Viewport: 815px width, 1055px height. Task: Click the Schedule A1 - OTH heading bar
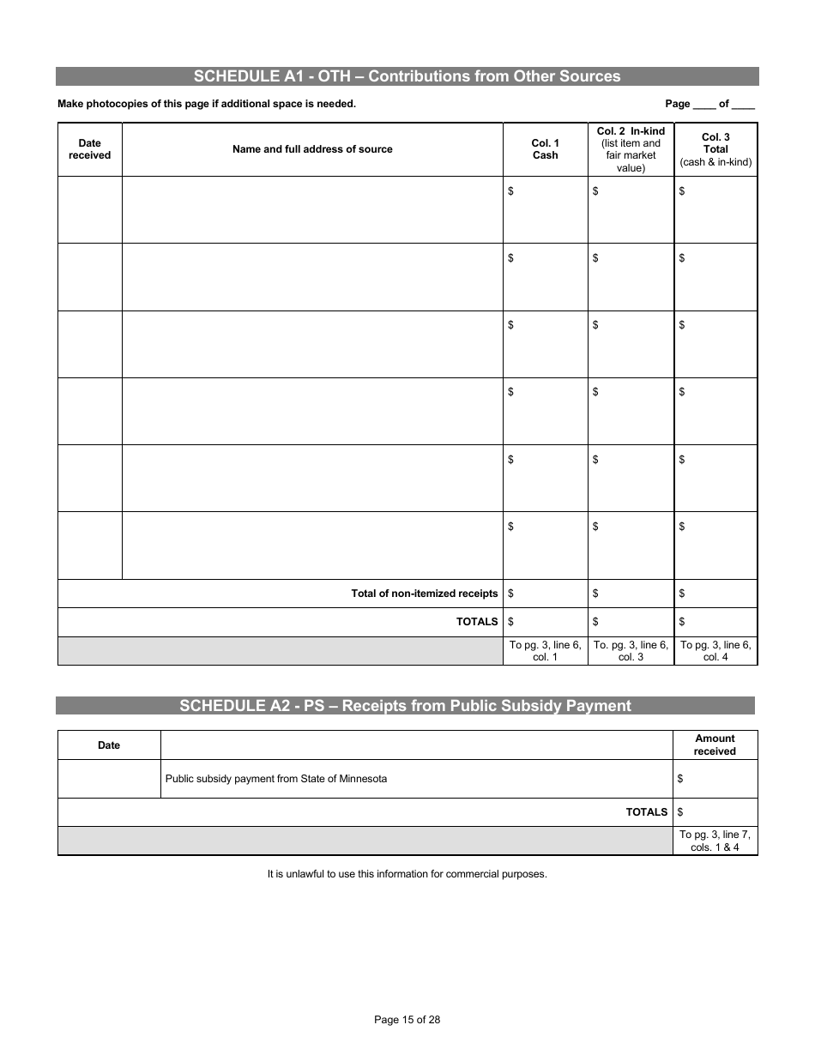(x=407, y=76)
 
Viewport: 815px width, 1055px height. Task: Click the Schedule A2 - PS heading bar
(x=405, y=706)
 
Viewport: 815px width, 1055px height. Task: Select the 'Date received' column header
(x=89, y=149)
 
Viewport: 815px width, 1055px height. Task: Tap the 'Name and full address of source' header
(x=312, y=149)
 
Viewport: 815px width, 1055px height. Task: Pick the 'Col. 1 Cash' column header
(x=545, y=149)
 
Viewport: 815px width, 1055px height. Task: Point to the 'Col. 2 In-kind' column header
(x=631, y=149)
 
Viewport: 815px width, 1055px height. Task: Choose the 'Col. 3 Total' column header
(x=715, y=149)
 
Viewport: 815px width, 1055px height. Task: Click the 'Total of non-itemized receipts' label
(x=424, y=594)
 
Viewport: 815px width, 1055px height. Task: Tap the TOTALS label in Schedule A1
(x=476, y=622)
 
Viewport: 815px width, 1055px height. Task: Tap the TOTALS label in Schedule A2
(x=646, y=812)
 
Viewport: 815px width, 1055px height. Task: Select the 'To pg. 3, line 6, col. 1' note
(x=545, y=651)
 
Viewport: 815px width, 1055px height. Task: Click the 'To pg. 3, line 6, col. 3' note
(x=631, y=651)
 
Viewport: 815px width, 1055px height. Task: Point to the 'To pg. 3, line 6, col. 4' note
(x=715, y=651)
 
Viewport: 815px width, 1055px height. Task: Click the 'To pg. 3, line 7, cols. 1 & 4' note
(x=715, y=841)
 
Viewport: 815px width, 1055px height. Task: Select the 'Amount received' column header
(x=715, y=745)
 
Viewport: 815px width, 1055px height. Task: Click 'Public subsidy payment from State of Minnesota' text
(x=275, y=779)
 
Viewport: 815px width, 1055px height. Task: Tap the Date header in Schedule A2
(x=109, y=745)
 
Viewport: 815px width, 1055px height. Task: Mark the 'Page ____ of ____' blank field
(x=709, y=104)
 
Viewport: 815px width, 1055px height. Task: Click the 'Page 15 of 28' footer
(x=407, y=1020)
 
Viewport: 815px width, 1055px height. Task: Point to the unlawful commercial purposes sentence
(x=407, y=875)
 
